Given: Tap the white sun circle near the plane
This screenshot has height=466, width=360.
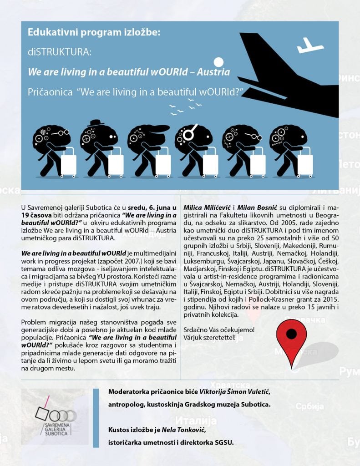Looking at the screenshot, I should [x=219, y=62].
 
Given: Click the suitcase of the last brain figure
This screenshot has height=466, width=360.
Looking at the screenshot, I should [x=304, y=165].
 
